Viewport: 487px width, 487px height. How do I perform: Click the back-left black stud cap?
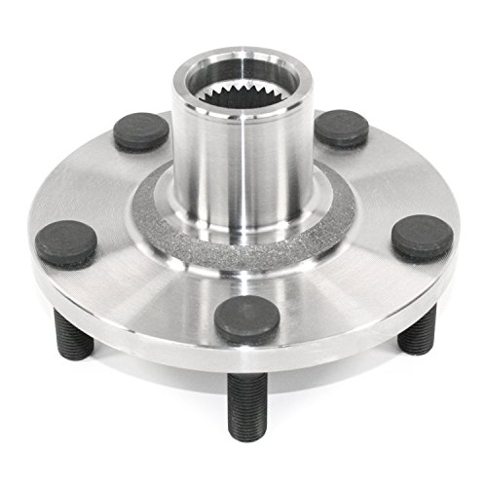(141, 129)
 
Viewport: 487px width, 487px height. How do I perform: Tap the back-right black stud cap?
(341, 128)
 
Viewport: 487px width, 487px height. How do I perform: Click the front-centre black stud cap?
(245, 318)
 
